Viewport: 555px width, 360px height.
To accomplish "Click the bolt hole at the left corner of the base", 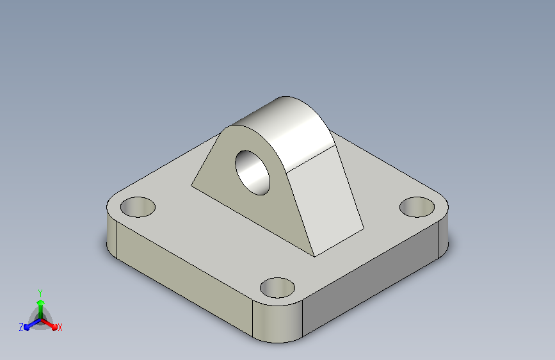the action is [x=138, y=207].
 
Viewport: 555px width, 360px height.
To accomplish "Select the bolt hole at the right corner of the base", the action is [x=417, y=207].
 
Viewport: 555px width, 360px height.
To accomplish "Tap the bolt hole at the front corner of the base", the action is [x=277, y=288].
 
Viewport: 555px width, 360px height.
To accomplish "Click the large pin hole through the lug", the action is [x=253, y=172].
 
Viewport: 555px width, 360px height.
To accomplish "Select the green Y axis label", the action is [x=40, y=293].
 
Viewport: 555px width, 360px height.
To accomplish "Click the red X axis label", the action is [x=60, y=327].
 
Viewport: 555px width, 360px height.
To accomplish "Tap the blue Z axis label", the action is [x=21, y=327].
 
